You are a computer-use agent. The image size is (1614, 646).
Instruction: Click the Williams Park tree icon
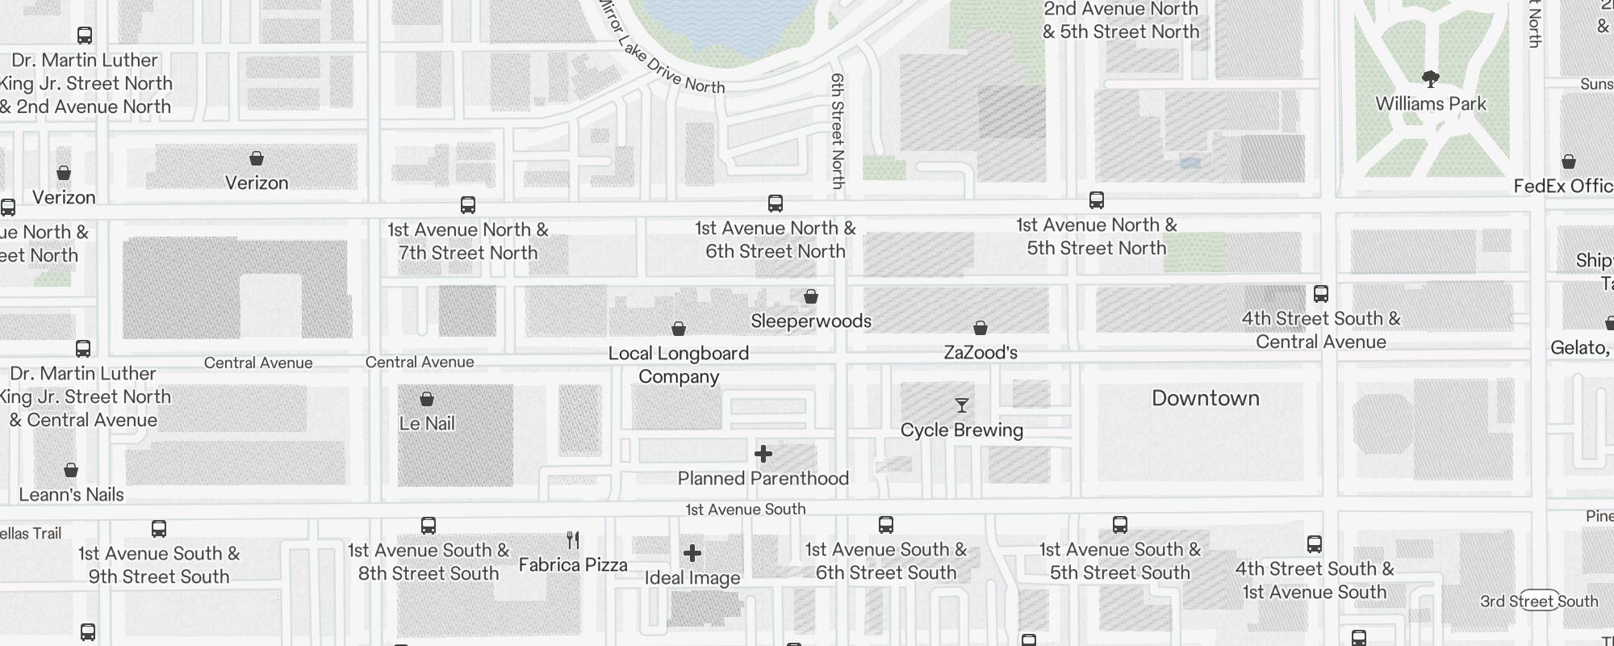click(x=1431, y=79)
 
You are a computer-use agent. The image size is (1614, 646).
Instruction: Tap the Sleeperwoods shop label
click(x=811, y=321)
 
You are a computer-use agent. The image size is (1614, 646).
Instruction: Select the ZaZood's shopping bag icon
click(x=981, y=328)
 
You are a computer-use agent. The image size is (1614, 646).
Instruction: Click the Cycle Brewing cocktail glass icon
click(x=961, y=405)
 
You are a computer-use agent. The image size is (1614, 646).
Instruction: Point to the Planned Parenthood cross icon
click(x=763, y=454)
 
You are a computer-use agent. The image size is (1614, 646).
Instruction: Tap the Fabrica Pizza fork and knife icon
click(x=573, y=539)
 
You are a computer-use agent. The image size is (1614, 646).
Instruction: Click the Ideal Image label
click(x=692, y=578)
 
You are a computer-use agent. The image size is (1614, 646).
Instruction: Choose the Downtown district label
click(x=1205, y=398)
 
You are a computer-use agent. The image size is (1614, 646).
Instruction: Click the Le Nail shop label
click(x=427, y=423)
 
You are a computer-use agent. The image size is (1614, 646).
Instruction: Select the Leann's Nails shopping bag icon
click(x=71, y=470)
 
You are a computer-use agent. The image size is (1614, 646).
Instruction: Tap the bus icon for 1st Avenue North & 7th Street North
click(x=468, y=205)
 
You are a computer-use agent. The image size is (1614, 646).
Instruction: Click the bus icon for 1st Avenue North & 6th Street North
click(x=776, y=203)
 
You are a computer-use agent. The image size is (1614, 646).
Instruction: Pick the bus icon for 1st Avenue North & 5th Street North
click(x=1096, y=200)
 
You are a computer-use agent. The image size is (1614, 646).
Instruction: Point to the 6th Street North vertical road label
click(x=838, y=131)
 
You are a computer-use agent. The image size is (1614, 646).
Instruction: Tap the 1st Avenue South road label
click(x=745, y=510)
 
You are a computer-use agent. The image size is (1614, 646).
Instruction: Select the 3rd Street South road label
click(x=1539, y=602)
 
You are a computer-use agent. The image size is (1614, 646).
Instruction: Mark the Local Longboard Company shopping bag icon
click(x=679, y=329)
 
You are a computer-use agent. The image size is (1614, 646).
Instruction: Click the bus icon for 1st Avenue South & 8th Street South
click(x=429, y=526)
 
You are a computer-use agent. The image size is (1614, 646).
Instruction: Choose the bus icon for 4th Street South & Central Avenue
click(x=1321, y=293)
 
